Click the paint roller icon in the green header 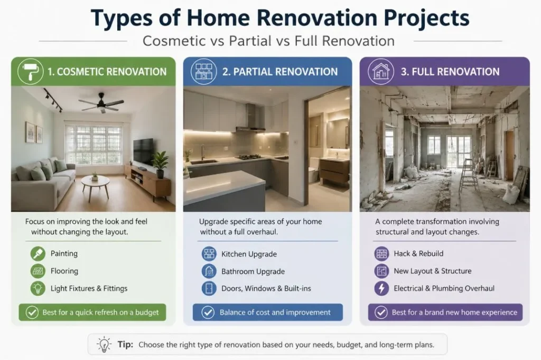30,71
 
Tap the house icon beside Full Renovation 380,71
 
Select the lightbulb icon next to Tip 104,344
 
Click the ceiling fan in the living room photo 101,102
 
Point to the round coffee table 95,186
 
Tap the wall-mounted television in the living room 143,151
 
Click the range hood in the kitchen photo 250,119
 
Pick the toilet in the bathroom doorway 313,169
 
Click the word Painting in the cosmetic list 64,253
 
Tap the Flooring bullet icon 38,271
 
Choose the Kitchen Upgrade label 249,254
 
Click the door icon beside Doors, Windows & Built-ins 209,288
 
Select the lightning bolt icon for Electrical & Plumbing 381,288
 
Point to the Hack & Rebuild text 418,253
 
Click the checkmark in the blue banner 208,312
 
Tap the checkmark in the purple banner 381,312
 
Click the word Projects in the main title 426,18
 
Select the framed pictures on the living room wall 34,132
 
